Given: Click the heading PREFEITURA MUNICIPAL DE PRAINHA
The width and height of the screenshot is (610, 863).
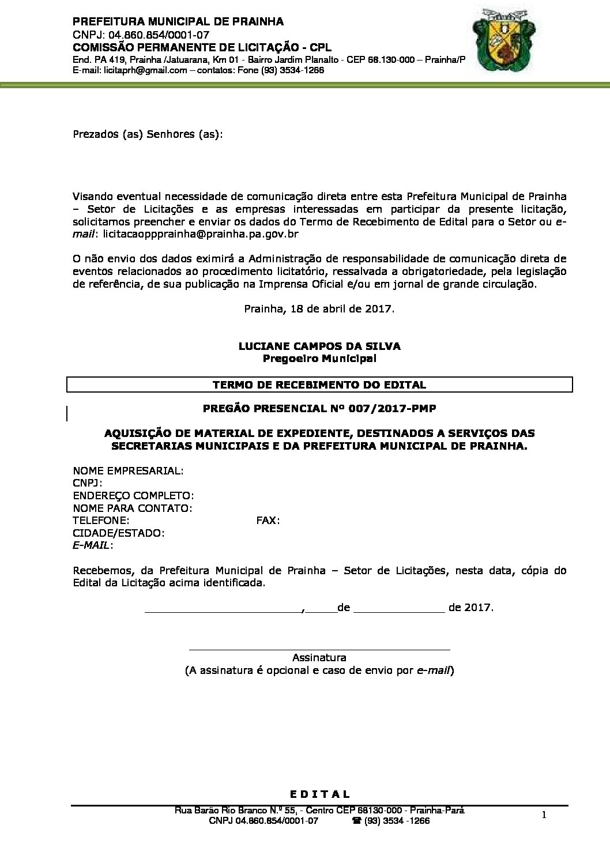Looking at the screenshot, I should coord(178,21).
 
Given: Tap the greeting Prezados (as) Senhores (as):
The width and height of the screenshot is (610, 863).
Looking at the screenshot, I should coord(148,134).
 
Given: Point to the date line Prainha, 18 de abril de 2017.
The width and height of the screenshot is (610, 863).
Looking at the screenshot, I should coord(319,308).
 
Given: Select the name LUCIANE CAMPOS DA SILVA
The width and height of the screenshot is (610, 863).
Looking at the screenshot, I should coord(319,346).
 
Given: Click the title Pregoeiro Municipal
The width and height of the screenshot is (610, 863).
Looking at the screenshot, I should coord(319,359).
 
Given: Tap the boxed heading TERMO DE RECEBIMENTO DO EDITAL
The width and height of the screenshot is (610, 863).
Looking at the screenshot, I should coord(319,385).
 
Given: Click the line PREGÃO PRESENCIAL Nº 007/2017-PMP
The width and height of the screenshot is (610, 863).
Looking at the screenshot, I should coord(319,409).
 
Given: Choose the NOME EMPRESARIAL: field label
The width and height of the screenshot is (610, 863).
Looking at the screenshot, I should coord(128,470).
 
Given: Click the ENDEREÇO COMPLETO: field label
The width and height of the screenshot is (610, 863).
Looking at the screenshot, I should coord(133,496).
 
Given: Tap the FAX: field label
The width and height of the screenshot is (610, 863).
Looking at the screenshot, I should coord(268,521).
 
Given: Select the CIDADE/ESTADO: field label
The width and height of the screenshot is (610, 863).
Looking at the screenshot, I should coord(119,533).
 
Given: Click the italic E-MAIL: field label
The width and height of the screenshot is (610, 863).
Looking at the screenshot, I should coord(93,545).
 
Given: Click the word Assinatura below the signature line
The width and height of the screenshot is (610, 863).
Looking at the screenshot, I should coord(319,657).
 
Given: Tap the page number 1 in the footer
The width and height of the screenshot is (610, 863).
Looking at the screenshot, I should coord(544,814).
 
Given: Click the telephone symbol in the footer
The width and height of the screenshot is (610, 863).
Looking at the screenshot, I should coord(357,821).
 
